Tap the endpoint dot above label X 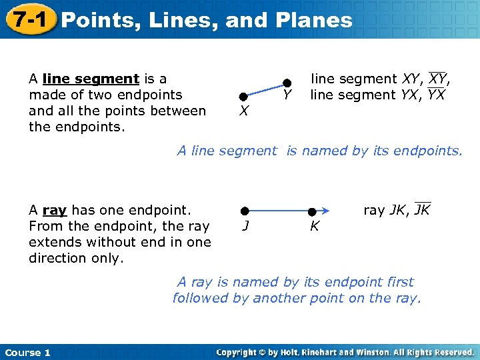click(244, 97)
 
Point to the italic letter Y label click(286, 97)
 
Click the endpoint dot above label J click(245, 211)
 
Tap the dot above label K click(311, 211)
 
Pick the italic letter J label click(245, 225)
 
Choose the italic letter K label click(315, 226)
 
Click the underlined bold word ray click(55, 211)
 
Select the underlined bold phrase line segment click(90, 79)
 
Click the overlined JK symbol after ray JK click(422, 210)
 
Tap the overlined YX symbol click(436, 95)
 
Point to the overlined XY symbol click(439, 79)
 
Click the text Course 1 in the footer click(27, 353)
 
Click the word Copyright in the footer click(237, 353)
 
